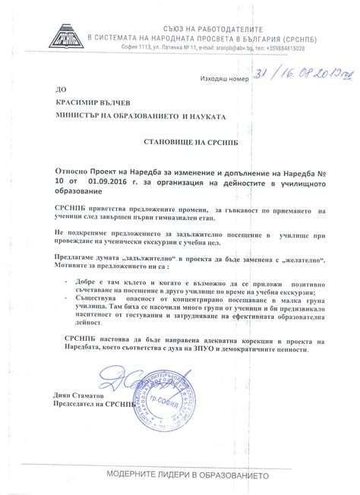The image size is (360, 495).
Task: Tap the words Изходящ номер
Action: pos(224,79)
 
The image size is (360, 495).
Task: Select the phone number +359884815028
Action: pos(298,48)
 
